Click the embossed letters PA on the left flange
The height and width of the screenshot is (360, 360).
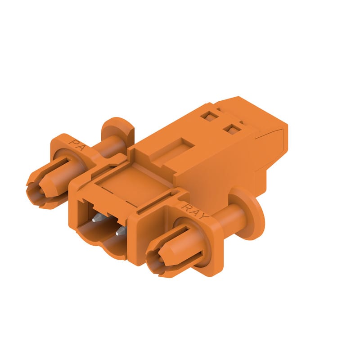pyautogui.click(x=76, y=144)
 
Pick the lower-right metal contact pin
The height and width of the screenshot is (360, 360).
pyautogui.click(x=121, y=231)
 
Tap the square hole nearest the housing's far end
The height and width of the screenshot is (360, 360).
pyautogui.click(x=208, y=116)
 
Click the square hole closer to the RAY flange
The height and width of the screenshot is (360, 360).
pyautogui.click(x=232, y=129)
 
